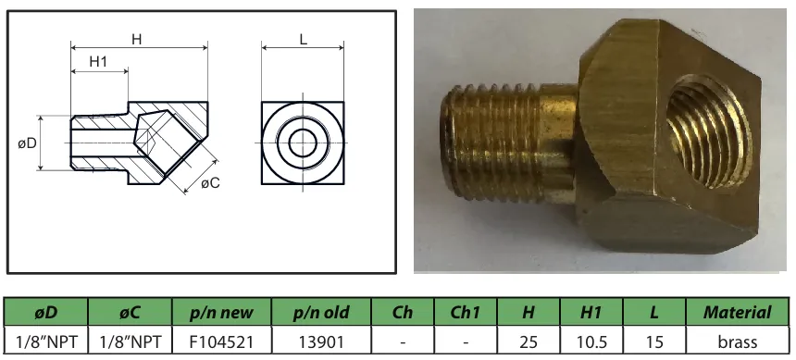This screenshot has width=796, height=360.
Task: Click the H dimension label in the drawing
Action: pos(137,39)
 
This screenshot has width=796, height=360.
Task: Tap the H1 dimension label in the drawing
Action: pos(98,62)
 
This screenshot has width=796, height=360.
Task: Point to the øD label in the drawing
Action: pos(27,143)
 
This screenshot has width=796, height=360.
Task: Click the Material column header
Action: pos(737,313)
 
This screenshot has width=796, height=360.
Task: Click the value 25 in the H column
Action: pos(528,341)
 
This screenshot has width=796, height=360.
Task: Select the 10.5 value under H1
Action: pos(591,341)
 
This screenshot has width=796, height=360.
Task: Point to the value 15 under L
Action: pos(654,341)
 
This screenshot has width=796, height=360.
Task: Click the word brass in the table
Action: pos(737,341)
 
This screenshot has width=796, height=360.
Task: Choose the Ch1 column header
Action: pos(466,313)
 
